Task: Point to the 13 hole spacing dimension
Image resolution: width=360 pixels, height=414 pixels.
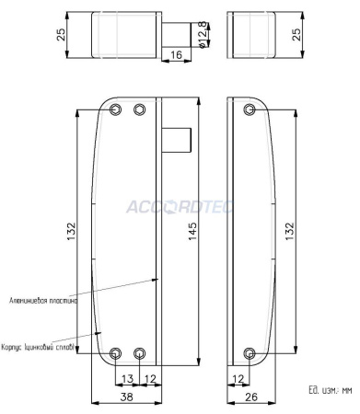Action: tap(127, 378)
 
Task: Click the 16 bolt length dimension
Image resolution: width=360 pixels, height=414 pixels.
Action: tap(176, 56)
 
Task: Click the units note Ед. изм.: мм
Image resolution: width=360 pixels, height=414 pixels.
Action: tap(331, 389)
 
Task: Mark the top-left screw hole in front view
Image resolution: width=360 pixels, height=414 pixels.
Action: tap(115, 110)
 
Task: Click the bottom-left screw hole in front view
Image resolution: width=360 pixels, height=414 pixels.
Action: tap(115, 353)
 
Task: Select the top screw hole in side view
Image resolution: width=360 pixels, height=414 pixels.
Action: tap(250, 110)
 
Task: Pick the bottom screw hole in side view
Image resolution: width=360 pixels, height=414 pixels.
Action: tap(250, 353)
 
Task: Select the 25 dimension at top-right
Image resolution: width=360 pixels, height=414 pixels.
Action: tap(296, 33)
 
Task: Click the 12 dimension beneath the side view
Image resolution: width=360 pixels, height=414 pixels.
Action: tap(238, 378)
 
